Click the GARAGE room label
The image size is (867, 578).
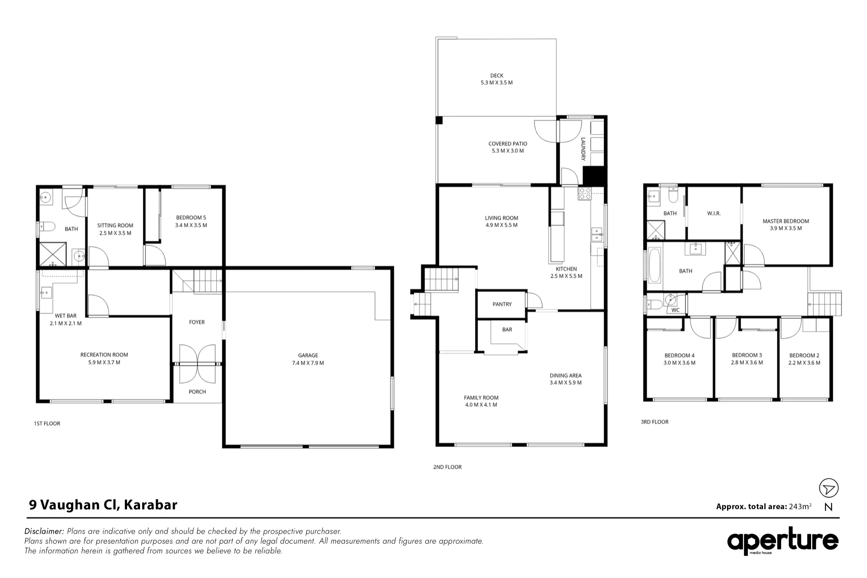click(308, 355)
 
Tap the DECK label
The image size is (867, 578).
click(497, 75)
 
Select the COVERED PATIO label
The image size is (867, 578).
click(508, 144)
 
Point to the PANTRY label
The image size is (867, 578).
click(502, 304)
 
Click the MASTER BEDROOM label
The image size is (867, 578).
click(786, 221)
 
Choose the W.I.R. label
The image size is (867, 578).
click(714, 213)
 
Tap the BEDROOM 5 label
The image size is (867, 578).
click(191, 218)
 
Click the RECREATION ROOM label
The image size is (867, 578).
click(104, 355)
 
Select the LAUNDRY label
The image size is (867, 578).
click(583, 149)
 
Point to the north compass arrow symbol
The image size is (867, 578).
click(828, 488)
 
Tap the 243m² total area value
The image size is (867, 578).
click(800, 506)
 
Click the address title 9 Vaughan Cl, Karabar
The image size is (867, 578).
click(103, 505)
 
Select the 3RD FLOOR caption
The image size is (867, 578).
click(655, 422)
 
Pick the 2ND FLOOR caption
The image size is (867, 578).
click(447, 467)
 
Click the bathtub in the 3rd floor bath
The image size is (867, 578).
click(654, 265)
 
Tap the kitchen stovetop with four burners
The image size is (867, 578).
click(585, 194)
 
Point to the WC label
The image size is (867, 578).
click(675, 310)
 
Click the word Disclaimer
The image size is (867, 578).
click(44, 531)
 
